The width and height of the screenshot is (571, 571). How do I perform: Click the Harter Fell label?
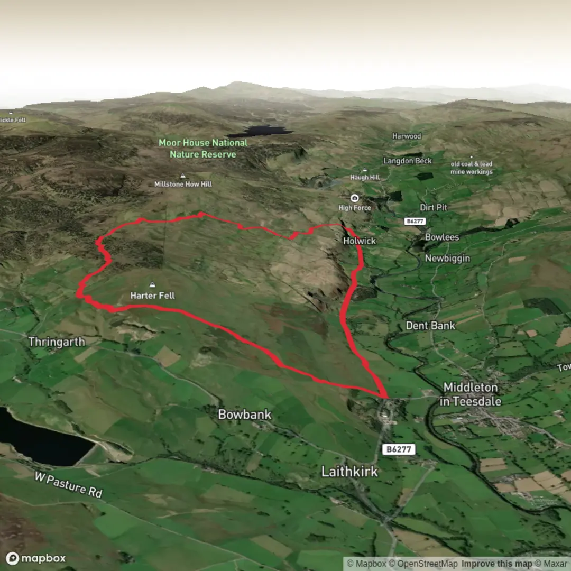coord(152,296)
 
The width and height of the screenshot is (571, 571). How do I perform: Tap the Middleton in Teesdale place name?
coord(471,394)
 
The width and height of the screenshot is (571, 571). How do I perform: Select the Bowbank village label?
coord(244,415)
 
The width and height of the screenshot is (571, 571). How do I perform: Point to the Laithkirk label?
coord(349,471)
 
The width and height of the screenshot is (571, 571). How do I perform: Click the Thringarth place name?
coord(57,342)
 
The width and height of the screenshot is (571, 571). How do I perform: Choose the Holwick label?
coord(360,241)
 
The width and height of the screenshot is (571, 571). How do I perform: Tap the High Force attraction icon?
coord(355,198)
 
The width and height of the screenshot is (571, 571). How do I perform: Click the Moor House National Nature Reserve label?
coord(203,149)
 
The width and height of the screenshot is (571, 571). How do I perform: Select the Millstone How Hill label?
coord(183,184)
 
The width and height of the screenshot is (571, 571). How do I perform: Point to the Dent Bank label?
coord(430,326)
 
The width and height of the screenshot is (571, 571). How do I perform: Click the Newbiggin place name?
coord(447,259)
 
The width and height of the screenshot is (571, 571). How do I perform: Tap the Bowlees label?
coord(442,237)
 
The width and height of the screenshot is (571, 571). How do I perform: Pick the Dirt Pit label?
coord(434,208)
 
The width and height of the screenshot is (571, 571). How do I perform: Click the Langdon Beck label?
coord(408,161)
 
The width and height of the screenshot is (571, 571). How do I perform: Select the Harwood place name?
coord(407,136)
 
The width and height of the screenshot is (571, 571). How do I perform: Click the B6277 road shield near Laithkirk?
coord(398,449)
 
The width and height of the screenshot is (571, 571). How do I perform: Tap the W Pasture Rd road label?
coord(68,484)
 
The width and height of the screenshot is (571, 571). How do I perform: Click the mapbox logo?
coord(36,558)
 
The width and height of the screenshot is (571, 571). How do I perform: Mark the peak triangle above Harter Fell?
coord(153,284)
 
